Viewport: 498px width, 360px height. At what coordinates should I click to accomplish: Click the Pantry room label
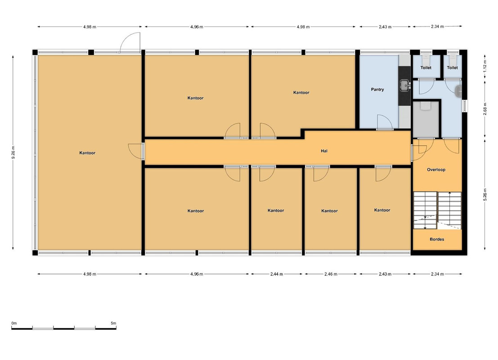[x=377, y=90]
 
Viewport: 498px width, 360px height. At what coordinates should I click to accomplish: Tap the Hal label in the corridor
[x=324, y=151]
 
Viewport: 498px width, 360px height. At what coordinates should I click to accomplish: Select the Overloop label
[x=436, y=170]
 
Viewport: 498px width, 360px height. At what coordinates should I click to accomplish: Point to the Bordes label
[x=437, y=239]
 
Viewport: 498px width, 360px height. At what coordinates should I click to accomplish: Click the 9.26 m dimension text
[x=13, y=153]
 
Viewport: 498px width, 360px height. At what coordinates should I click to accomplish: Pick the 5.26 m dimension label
[x=485, y=195]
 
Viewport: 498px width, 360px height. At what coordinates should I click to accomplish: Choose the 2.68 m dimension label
[x=485, y=109]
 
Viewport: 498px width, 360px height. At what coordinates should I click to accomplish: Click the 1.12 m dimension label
[x=485, y=66]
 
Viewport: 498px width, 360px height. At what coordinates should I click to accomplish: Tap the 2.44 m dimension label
[x=277, y=274]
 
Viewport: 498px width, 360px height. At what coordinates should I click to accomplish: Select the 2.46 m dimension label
[x=331, y=274]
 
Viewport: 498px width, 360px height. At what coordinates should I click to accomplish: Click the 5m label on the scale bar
[x=113, y=323]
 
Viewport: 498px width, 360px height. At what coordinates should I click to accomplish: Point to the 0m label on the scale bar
[x=14, y=323]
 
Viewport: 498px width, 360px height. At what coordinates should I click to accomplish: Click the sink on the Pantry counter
[x=404, y=85]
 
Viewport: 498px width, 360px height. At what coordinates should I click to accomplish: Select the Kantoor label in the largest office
[x=87, y=153]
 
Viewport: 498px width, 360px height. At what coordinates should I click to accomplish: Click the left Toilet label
[x=426, y=67]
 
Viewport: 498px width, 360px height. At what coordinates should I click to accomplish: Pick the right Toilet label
[x=452, y=67]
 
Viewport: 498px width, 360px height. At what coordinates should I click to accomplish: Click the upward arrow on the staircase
[x=449, y=195]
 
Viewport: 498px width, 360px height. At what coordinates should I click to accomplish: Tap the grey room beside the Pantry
[x=426, y=119]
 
